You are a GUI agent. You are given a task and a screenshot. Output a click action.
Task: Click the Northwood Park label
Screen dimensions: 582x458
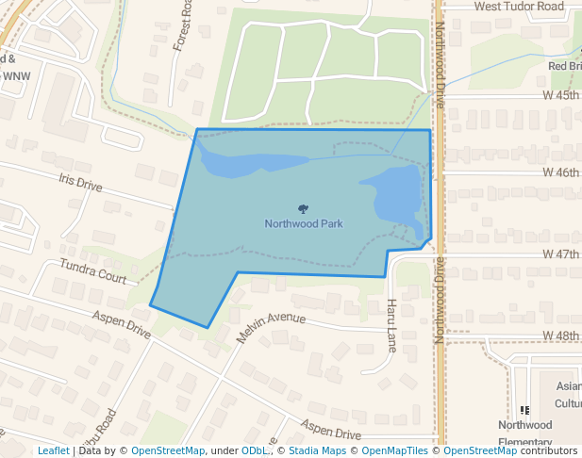[303, 224]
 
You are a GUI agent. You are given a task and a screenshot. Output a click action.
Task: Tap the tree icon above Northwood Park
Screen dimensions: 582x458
[303, 209]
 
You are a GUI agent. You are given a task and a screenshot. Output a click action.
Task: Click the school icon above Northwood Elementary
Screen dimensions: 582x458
[524, 410]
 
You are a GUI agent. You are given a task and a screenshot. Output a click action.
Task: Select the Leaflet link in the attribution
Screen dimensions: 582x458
[53, 451]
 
